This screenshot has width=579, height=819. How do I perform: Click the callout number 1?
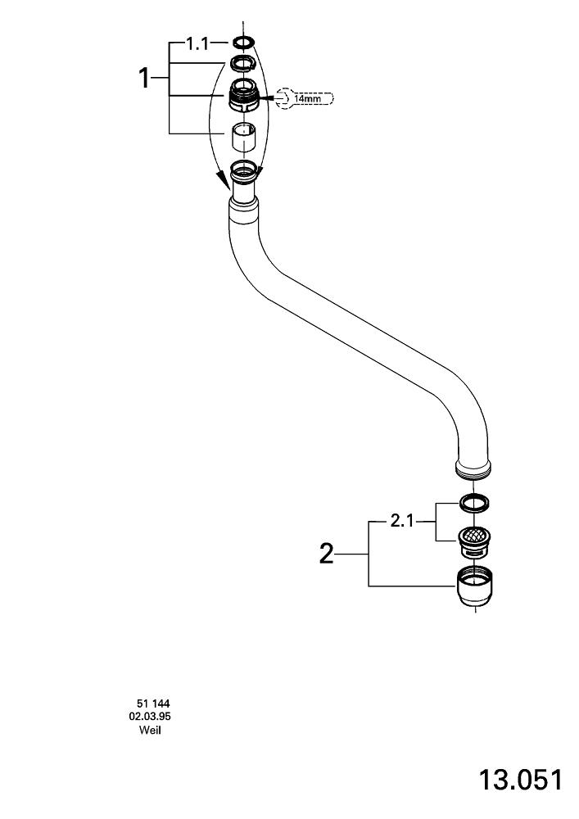click(x=144, y=79)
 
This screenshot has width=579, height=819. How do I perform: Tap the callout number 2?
click(x=327, y=555)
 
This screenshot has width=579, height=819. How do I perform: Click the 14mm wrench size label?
click(x=308, y=98)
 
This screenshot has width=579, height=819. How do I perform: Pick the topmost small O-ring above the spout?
click(x=244, y=43)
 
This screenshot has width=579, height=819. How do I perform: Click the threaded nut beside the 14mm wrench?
click(x=244, y=97)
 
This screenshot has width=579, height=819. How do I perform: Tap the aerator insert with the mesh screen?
click(x=474, y=537)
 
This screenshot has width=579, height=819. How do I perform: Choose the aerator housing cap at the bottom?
click(x=474, y=587)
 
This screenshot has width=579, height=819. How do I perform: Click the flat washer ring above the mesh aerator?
click(x=474, y=501)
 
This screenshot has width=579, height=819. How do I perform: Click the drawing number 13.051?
click(x=522, y=779)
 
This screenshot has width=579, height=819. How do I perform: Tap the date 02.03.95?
click(x=150, y=717)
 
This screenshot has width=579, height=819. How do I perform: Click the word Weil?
click(x=150, y=730)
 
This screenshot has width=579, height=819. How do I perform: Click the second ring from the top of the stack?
click(x=244, y=63)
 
